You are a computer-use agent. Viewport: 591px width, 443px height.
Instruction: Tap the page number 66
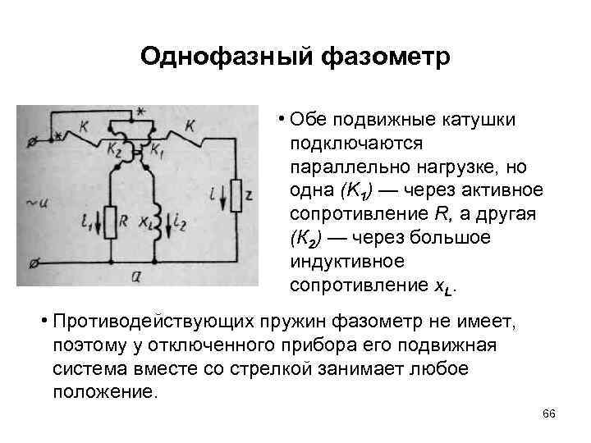[x=549, y=414]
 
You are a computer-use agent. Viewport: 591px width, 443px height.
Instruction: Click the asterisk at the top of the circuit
[x=140, y=112]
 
